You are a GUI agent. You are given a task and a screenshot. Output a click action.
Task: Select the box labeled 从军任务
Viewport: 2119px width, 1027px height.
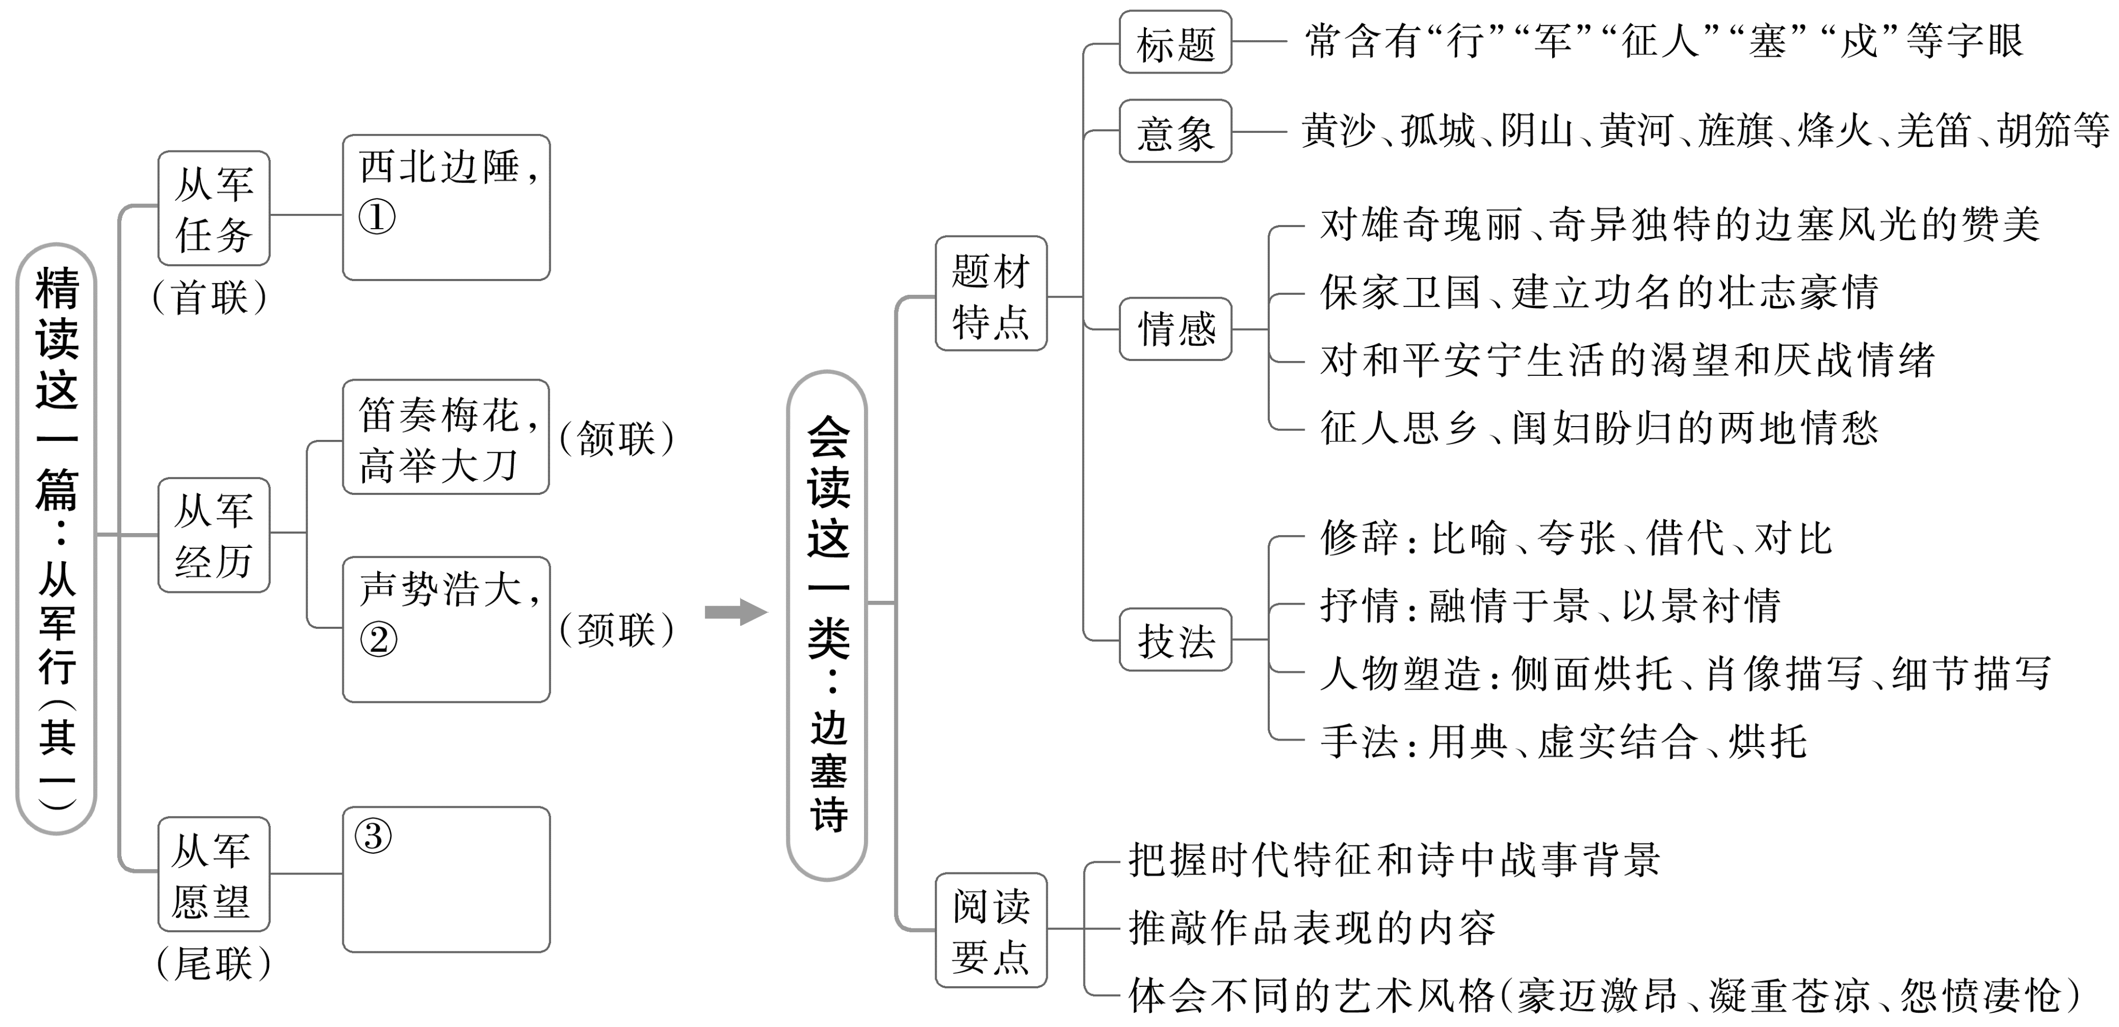(214, 208)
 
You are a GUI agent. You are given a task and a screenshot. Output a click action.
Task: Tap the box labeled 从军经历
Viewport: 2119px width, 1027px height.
(214, 535)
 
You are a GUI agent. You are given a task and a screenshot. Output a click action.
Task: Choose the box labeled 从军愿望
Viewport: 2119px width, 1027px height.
(214, 874)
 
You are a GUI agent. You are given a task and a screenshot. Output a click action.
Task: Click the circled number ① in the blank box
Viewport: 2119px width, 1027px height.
(377, 217)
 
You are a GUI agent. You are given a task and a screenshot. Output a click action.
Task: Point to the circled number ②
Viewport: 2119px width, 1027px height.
(378, 639)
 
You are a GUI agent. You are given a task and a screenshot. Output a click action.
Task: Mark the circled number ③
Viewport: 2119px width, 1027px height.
(372, 836)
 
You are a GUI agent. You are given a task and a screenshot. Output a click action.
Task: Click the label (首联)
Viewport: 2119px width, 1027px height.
(211, 298)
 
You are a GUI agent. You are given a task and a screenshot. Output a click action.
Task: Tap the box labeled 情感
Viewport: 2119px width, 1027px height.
(1176, 329)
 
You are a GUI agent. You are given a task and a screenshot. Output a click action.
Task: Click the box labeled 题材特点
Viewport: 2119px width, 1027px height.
(991, 294)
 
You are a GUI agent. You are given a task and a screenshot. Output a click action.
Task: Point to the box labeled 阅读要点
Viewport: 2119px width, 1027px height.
(991, 930)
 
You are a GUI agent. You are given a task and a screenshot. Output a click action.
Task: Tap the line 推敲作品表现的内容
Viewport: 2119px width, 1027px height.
(1311, 929)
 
